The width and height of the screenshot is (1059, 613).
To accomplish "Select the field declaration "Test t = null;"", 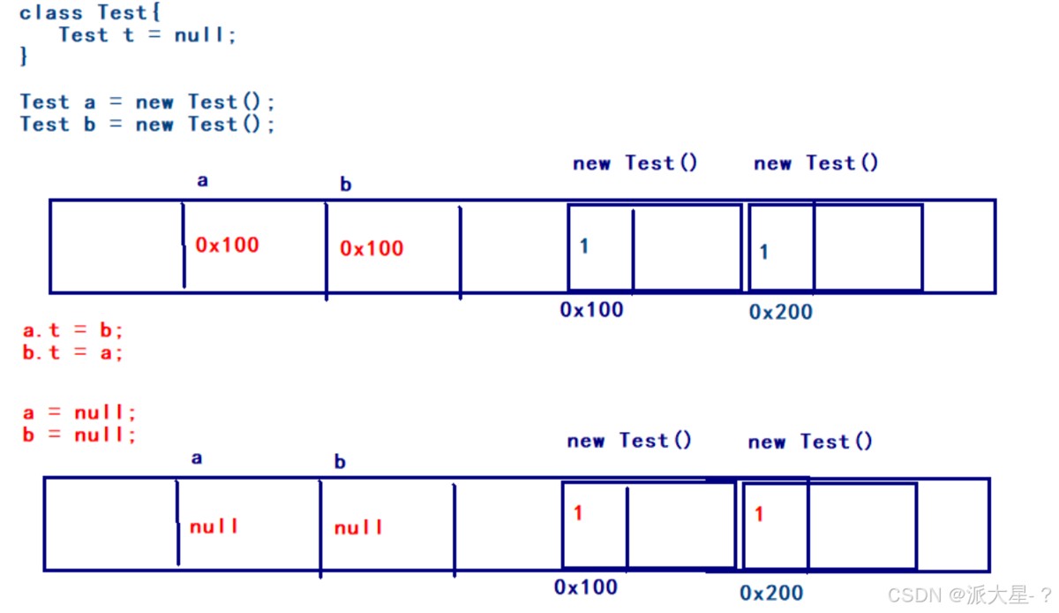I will [x=147, y=35].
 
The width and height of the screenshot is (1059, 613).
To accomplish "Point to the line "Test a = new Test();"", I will [x=147, y=102].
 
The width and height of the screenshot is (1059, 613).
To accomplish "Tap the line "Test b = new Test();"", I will [x=147, y=125].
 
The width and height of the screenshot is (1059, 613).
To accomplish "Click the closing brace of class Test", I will [x=24, y=57].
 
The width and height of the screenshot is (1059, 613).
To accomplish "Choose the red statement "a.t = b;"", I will [x=72, y=331].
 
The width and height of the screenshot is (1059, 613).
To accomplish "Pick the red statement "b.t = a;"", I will [x=72, y=352].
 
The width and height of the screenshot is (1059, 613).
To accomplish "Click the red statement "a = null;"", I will [x=79, y=412].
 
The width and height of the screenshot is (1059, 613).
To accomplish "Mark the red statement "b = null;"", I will [x=79, y=435].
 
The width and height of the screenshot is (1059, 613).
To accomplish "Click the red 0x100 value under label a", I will [x=227, y=245].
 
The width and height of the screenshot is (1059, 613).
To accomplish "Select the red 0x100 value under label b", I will [x=372, y=248].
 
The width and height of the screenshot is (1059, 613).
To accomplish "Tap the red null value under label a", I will [x=214, y=526].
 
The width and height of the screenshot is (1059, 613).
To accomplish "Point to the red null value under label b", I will [x=358, y=528].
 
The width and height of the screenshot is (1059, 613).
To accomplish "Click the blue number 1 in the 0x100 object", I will [x=584, y=246].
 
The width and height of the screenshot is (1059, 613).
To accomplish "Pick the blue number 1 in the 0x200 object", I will [x=763, y=252].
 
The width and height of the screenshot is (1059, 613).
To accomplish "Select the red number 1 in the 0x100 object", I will [x=578, y=513].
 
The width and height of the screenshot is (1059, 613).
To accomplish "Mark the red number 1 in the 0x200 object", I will [x=758, y=514].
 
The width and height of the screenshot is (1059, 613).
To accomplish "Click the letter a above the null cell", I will [x=196, y=458].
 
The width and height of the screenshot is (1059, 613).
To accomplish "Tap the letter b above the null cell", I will [x=340, y=462].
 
